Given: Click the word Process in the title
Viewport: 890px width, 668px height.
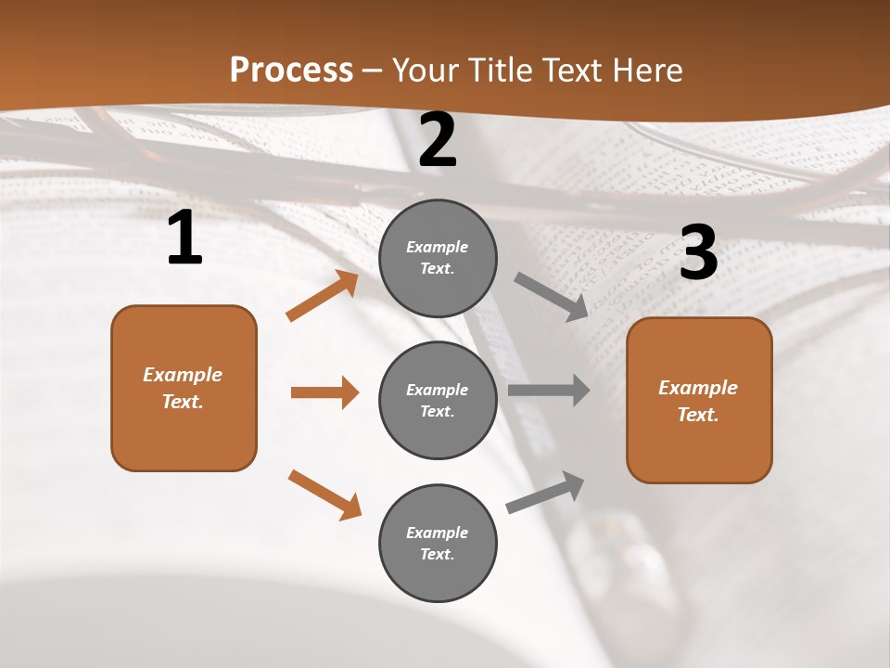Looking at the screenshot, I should click(x=291, y=71).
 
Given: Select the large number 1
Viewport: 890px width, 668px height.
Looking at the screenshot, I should click(x=184, y=238).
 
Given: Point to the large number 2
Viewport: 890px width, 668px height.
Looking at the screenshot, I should click(x=438, y=141).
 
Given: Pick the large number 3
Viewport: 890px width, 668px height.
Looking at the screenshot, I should click(x=698, y=253).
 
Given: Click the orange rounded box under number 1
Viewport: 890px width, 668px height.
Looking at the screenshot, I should click(x=184, y=388).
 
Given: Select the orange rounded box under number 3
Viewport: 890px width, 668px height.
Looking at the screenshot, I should click(x=699, y=401).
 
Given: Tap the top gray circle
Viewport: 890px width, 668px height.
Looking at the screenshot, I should click(x=438, y=257).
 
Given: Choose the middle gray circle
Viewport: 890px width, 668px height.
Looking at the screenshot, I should click(x=438, y=400).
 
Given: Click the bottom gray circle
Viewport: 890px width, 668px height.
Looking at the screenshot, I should click(x=438, y=543).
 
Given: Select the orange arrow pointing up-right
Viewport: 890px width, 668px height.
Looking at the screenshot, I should click(x=323, y=296).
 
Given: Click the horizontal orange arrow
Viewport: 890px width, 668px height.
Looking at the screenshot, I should click(x=324, y=392).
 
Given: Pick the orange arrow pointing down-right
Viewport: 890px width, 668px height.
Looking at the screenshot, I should click(x=324, y=495).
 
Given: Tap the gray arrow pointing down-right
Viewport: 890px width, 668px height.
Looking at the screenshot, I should click(x=551, y=296).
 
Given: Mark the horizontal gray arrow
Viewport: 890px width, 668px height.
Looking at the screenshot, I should click(x=548, y=391).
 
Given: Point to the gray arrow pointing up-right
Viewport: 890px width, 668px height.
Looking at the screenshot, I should click(x=545, y=493).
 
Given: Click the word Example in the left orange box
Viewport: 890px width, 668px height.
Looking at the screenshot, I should click(x=183, y=375).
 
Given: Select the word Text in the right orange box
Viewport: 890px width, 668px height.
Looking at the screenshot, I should click(x=697, y=415).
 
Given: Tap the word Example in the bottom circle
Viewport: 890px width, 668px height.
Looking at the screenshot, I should click(x=437, y=533).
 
